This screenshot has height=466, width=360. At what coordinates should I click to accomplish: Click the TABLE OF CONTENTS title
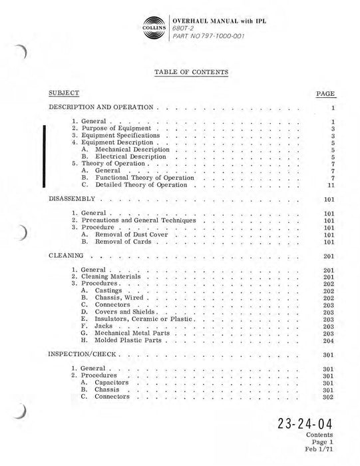[192, 71]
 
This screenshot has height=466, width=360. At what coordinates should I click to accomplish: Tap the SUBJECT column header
[65, 93]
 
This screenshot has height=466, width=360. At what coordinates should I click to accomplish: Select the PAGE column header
[326, 94]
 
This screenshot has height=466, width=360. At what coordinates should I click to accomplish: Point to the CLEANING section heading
[66, 255]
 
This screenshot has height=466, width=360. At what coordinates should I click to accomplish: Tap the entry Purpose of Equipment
[116, 128]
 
